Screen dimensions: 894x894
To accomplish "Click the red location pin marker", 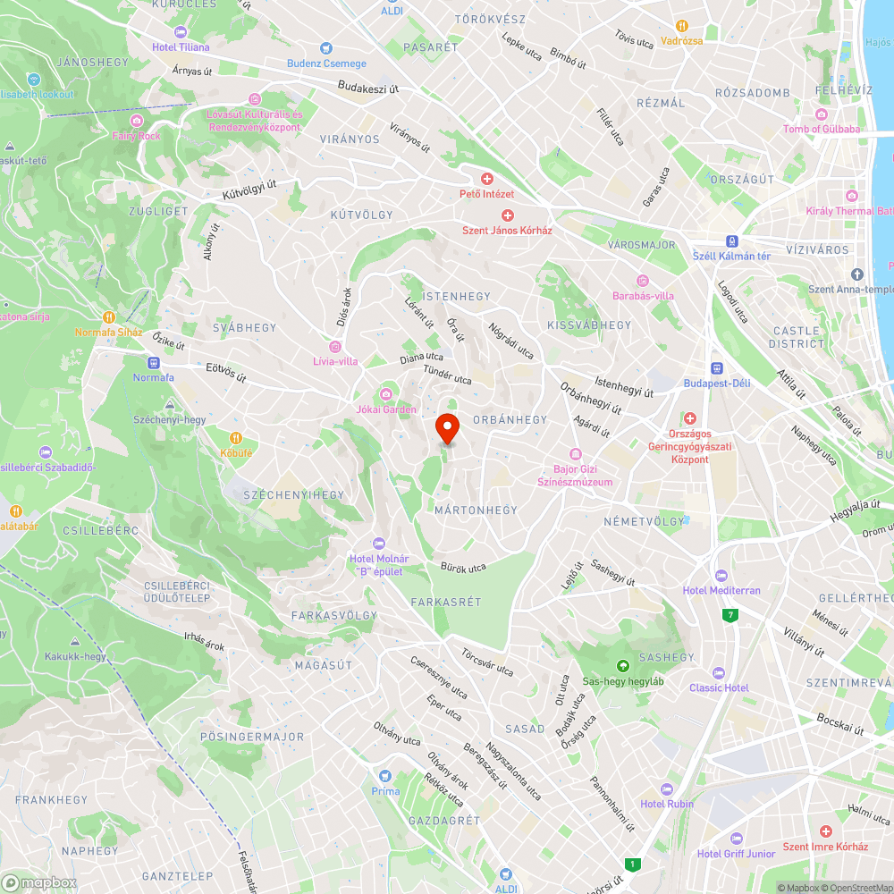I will [x=446, y=428].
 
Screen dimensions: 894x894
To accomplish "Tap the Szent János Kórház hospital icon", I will [x=507, y=215].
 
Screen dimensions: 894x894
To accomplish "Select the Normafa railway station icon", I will [x=154, y=364].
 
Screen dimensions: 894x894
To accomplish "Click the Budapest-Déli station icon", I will [x=716, y=368].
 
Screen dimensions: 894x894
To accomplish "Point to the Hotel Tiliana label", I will [x=181, y=46].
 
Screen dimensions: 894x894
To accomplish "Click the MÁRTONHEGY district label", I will [x=476, y=510].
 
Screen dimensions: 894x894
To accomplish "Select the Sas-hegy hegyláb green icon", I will [x=622, y=665].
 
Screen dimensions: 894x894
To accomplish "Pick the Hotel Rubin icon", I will [x=666, y=789].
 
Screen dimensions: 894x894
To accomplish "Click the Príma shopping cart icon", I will [x=385, y=776].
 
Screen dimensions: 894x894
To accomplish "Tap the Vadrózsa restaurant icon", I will [x=682, y=26].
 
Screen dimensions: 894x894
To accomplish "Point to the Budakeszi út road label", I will [x=368, y=88].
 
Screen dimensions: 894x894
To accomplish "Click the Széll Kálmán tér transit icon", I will [x=732, y=240].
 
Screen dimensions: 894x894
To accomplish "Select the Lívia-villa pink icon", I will [x=335, y=346].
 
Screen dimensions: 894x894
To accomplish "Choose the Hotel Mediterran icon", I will [x=721, y=575].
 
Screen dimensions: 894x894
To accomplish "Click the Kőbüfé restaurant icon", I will [x=236, y=438].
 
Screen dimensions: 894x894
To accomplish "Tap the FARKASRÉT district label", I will [x=446, y=603].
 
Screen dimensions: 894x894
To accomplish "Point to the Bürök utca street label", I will [x=463, y=567].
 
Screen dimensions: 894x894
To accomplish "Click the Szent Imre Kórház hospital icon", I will [x=824, y=831].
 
